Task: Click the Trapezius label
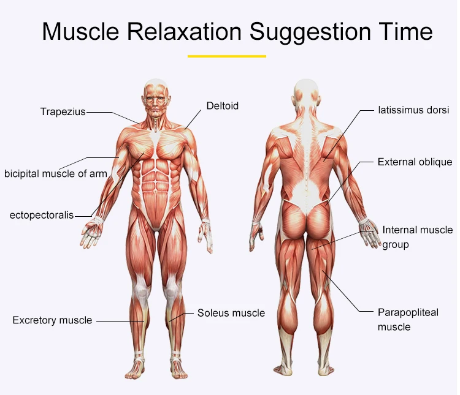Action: [x=63, y=111]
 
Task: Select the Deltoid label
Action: [x=222, y=106]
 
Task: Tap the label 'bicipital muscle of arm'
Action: [x=55, y=173]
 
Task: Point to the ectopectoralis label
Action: [x=42, y=215]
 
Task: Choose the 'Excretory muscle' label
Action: [x=52, y=320]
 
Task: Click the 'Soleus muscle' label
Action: [x=231, y=313]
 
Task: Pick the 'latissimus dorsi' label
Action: [x=413, y=111]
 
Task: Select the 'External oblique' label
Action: [x=415, y=162]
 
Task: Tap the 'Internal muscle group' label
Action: [x=416, y=237]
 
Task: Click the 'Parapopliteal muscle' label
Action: [x=407, y=319]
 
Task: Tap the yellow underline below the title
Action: [x=226, y=56]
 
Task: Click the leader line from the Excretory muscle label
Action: [x=120, y=320]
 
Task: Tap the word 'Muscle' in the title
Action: [x=76, y=31]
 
